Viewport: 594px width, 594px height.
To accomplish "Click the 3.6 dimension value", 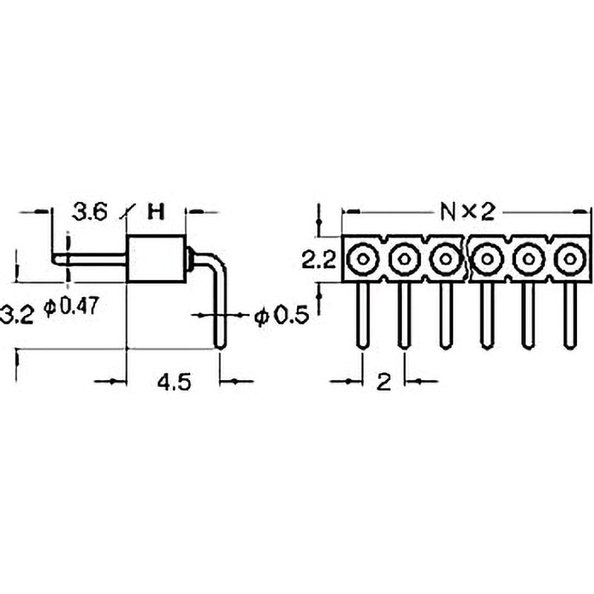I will [90, 212].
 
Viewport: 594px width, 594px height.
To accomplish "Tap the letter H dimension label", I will [156, 212].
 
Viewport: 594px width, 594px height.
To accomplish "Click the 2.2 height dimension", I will [318, 260].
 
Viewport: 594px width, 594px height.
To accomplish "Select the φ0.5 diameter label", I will [281, 316].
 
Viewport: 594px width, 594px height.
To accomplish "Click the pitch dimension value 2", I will [383, 382].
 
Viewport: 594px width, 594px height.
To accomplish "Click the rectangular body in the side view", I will [155, 258].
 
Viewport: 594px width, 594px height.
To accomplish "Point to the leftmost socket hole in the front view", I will [362, 259].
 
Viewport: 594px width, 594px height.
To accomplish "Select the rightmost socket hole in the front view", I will [569, 259].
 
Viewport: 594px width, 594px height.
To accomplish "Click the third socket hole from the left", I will [445, 259].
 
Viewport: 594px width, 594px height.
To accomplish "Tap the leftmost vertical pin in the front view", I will [362, 315].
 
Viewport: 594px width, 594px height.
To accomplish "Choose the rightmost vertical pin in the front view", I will [569, 315].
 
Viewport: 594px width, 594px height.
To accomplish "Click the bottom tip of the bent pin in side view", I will [219, 344].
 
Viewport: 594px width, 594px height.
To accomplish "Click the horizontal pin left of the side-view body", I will [89, 258].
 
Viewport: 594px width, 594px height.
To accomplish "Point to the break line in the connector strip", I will [466, 259].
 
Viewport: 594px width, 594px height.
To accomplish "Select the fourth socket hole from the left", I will [486, 259].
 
